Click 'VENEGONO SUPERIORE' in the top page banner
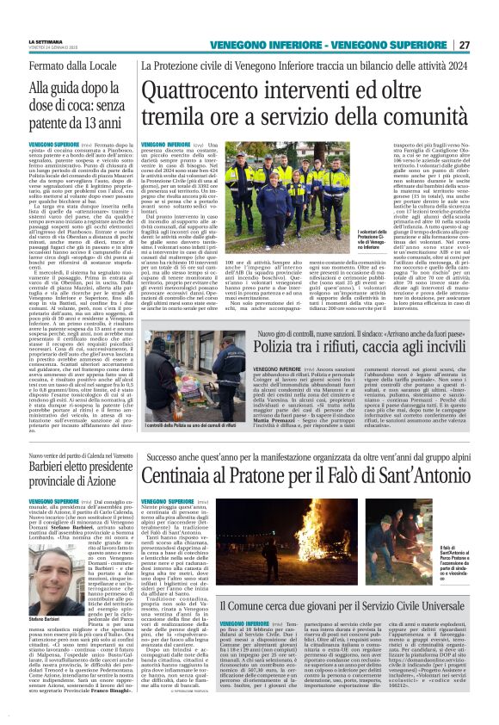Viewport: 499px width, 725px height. [391, 45]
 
